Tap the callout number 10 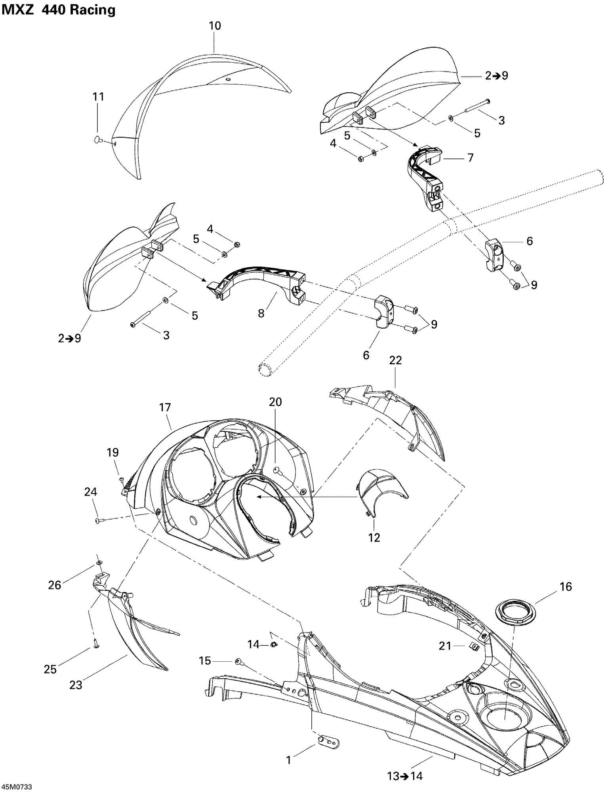pos(215,26)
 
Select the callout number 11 pos(98,97)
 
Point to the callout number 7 pos(470,158)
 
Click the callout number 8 pos(261,313)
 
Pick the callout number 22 pos(395,360)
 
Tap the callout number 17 pos(165,407)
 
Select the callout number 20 pos(275,402)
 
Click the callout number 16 pos(566,586)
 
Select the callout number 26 pos(55,584)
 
